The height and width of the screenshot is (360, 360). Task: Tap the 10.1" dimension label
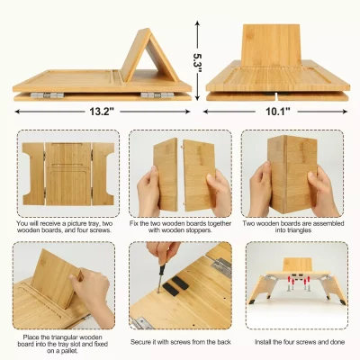click(x=278, y=113)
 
